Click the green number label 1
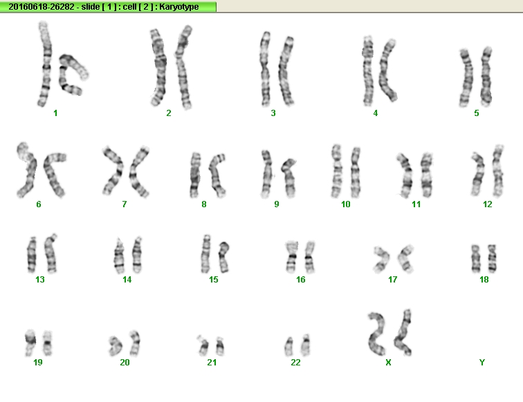point(55,113)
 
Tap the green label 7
point(125,204)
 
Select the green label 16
point(300,280)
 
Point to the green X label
point(388,363)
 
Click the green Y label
point(482,363)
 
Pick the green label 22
point(295,363)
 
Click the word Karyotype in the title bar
point(179,7)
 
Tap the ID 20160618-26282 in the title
point(41,7)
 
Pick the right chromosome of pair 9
point(289,178)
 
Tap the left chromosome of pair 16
point(292,256)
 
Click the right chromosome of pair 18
point(492,258)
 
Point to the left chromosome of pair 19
point(30,343)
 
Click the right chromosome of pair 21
point(220,346)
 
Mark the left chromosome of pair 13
point(32,255)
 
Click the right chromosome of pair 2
point(183,66)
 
